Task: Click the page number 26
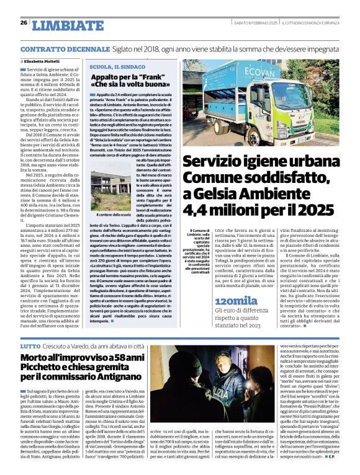(24, 23)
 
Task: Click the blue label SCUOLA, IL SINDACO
(116, 66)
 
